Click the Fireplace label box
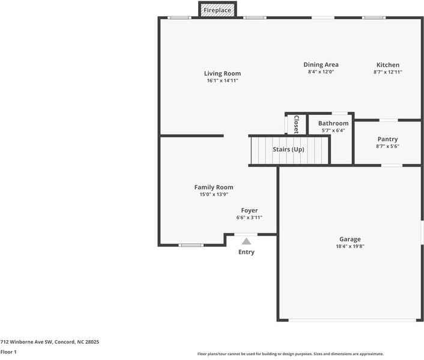pos(217,10)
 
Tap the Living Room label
pos(222,74)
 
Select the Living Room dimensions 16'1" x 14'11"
pos(222,81)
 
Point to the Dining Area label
pos(321,65)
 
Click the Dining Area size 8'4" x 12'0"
pos(321,72)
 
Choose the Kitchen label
pos(387,65)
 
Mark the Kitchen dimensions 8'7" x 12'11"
pos(387,72)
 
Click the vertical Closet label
pos(296,123)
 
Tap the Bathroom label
pos(333,123)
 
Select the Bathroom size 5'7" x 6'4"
pos(333,130)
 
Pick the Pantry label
pos(387,139)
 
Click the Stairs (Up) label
pos(288,149)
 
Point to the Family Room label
pos(214,188)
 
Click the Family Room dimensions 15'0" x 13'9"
pos(214,194)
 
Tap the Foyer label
pos(249,210)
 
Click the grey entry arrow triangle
pos(246,241)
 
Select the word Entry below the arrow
pos(246,252)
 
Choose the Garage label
pos(350,239)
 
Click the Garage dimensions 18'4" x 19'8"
pos(350,246)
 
